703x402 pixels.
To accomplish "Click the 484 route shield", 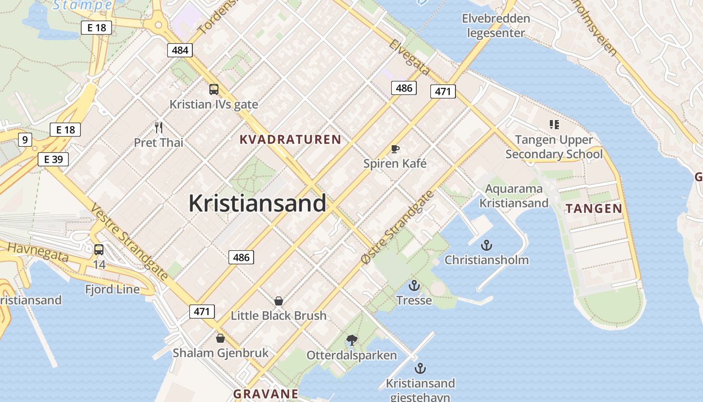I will pyautogui.click(x=180, y=50).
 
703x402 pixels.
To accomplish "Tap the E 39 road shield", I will pyautogui.click(x=53, y=159).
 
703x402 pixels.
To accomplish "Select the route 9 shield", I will pyautogui.click(x=25, y=139).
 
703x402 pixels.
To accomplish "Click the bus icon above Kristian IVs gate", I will pyautogui.click(x=214, y=89).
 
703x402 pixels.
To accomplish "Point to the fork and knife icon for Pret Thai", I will pyautogui.click(x=159, y=128).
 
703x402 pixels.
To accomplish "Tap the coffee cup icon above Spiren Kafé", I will pyautogui.click(x=395, y=149).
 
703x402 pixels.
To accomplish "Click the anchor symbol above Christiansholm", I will pyautogui.click(x=486, y=245).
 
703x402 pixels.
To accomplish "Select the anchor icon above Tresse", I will pyautogui.click(x=414, y=286).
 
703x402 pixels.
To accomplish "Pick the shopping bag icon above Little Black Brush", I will pyautogui.click(x=279, y=301).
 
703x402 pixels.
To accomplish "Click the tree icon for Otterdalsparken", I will pyautogui.click(x=352, y=340).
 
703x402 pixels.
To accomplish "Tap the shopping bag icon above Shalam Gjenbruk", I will pyautogui.click(x=220, y=338).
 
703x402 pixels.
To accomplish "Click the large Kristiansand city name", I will pyautogui.click(x=257, y=204).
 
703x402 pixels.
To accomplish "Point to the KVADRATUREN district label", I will pyautogui.click(x=290, y=140).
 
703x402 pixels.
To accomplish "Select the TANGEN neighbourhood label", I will pyautogui.click(x=594, y=209).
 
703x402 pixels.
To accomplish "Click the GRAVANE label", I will pyautogui.click(x=266, y=393).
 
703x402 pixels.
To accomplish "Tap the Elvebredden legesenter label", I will pyautogui.click(x=496, y=26).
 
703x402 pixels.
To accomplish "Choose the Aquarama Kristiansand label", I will pyautogui.click(x=514, y=196).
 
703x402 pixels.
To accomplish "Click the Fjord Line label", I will pyautogui.click(x=112, y=289).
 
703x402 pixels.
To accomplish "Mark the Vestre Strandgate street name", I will pyautogui.click(x=129, y=242).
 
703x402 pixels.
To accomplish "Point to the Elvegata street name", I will pyautogui.click(x=410, y=57).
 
